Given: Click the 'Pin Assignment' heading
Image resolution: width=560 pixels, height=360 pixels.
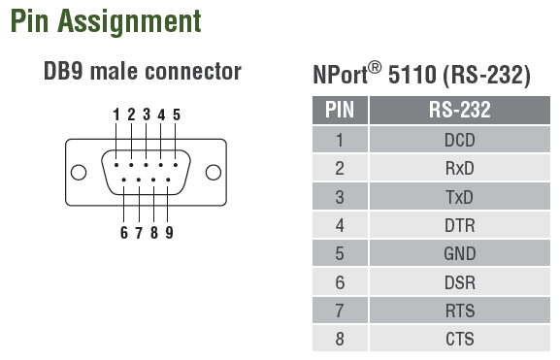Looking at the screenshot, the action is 106,22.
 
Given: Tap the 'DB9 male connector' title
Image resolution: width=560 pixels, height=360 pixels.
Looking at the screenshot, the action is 143,72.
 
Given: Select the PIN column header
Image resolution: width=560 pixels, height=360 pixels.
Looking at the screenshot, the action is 340,110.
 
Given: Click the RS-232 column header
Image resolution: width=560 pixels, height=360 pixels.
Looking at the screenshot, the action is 460,110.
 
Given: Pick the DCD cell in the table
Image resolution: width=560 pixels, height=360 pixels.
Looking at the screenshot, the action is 460,140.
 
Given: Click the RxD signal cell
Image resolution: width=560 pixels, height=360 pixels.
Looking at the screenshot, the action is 460,168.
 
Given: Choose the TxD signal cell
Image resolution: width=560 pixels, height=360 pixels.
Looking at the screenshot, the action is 460,197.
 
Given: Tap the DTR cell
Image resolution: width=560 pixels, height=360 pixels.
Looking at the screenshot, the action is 460,225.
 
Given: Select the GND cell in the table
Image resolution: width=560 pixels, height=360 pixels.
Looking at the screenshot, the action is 460,253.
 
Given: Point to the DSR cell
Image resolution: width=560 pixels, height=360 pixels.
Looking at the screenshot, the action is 460,282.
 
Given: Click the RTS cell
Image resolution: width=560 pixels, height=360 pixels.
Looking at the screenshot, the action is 460,311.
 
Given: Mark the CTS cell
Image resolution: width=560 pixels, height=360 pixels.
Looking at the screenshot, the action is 460,339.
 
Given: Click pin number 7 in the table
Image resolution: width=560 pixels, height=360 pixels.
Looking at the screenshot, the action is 340,311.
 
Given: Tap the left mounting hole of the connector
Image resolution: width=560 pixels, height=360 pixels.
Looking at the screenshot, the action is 79,172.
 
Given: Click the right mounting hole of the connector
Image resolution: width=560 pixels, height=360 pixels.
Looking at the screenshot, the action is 214,172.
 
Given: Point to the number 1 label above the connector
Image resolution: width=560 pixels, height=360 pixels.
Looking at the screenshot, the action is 116,115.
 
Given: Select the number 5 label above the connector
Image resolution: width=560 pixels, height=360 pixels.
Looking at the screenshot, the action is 177,115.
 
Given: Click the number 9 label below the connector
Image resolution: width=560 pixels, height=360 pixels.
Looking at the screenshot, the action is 169,233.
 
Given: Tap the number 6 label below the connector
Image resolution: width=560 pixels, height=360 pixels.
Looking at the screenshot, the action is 124,233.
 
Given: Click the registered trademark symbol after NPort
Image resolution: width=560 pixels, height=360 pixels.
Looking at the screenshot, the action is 375,68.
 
